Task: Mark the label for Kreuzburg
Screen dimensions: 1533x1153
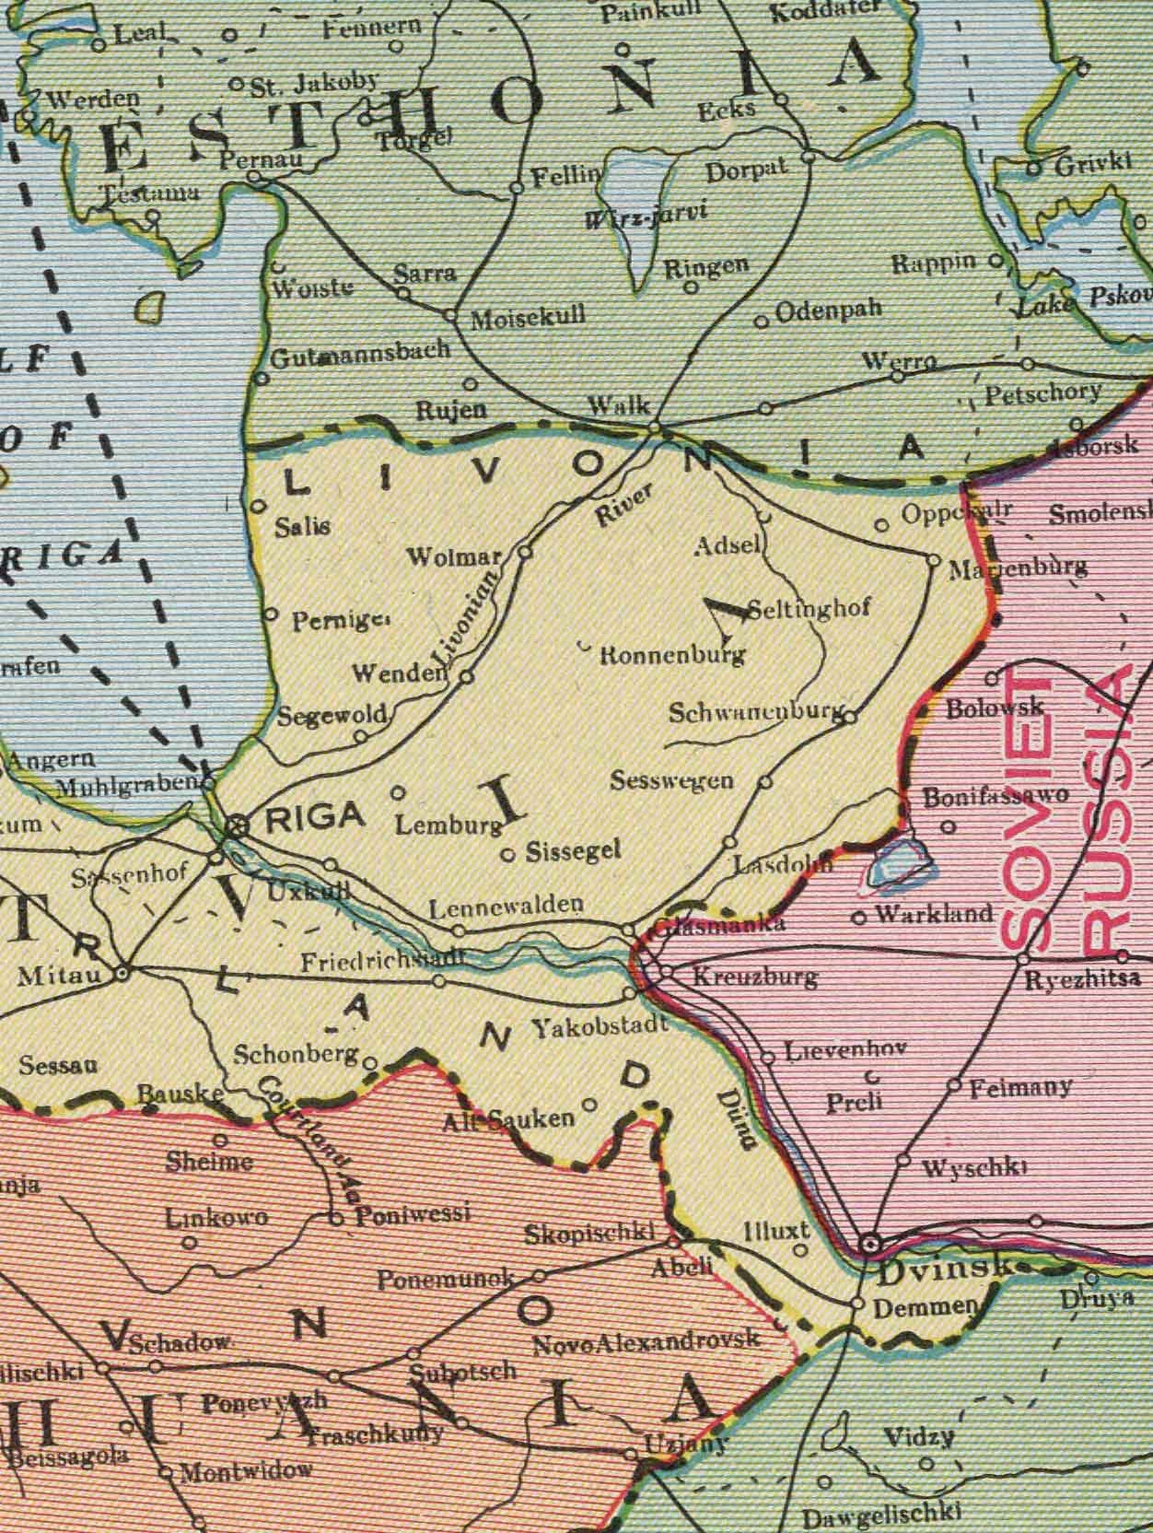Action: (x=753, y=976)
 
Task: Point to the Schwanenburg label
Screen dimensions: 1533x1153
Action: (x=754, y=712)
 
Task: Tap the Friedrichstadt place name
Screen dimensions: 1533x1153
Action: (x=379, y=962)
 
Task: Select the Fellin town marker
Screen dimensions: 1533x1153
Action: (x=517, y=189)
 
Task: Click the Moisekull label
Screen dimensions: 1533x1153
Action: (x=527, y=321)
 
